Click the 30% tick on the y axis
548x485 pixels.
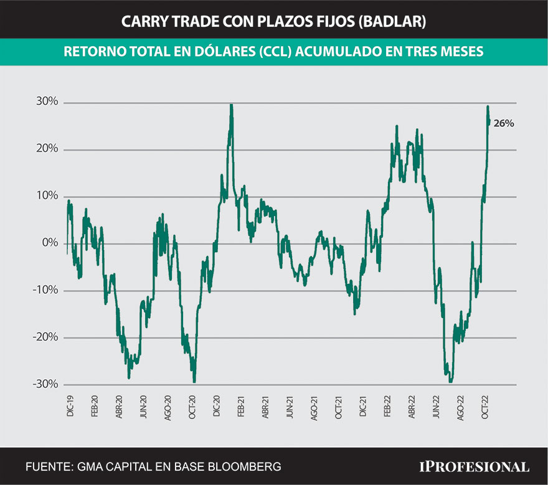coord(47,102)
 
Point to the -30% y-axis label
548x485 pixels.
coord(45,384)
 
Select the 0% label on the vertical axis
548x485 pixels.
coord(49,243)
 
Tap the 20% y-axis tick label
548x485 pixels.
coord(47,149)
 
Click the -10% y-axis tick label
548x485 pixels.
coord(45,290)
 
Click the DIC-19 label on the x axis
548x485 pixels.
coord(69,405)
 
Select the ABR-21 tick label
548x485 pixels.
coord(265,405)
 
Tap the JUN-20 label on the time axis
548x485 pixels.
coord(143,405)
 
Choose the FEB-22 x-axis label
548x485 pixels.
coord(387,405)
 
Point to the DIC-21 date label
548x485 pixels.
coord(362,405)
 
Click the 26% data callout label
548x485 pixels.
coord(504,123)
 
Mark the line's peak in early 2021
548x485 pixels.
coord(231,106)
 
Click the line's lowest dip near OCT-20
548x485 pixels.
coord(194,381)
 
